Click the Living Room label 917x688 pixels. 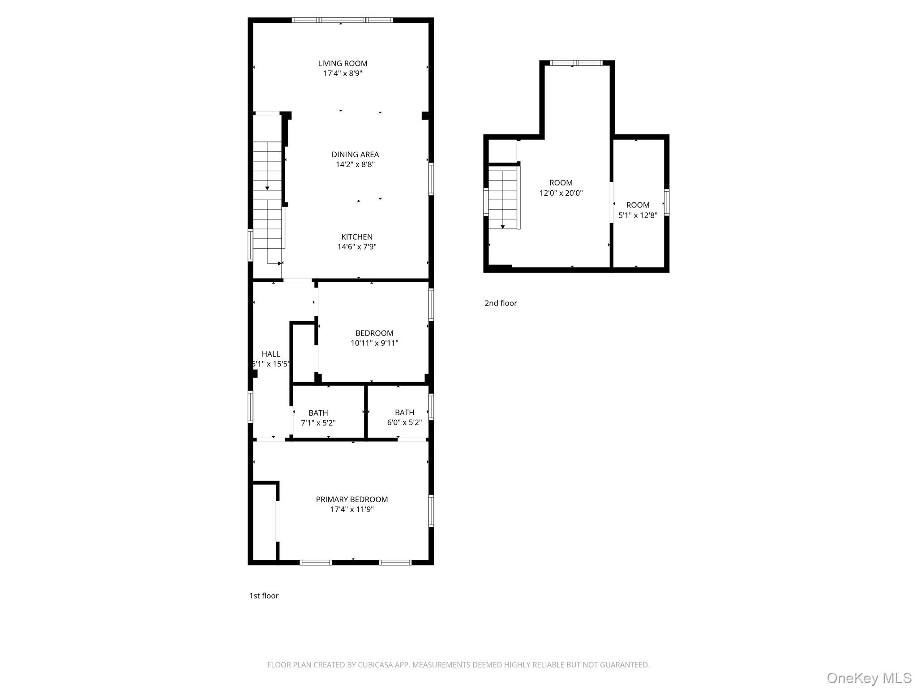[x=343, y=64]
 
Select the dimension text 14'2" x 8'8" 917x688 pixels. [x=355, y=164]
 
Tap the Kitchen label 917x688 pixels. [x=357, y=237]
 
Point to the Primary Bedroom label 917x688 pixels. [x=352, y=499]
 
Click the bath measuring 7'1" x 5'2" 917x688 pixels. [x=318, y=417]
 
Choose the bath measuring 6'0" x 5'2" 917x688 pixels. [x=404, y=417]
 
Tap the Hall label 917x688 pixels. [x=271, y=354]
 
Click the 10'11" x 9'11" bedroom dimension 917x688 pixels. [x=374, y=343]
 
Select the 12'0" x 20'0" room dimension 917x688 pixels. [x=561, y=193]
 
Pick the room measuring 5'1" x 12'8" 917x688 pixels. [x=638, y=210]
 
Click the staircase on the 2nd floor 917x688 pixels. [x=503, y=197]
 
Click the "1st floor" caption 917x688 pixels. [x=264, y=596]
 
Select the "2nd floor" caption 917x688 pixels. [x=501, y=303]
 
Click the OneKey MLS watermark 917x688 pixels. [x=869, y=678]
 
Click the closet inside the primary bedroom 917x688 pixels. [x=264, y=522]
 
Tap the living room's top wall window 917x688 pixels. [x=343, y=20]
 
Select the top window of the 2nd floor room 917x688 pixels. [x=576, y=63]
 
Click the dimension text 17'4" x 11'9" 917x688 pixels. [x=352, y=509]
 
